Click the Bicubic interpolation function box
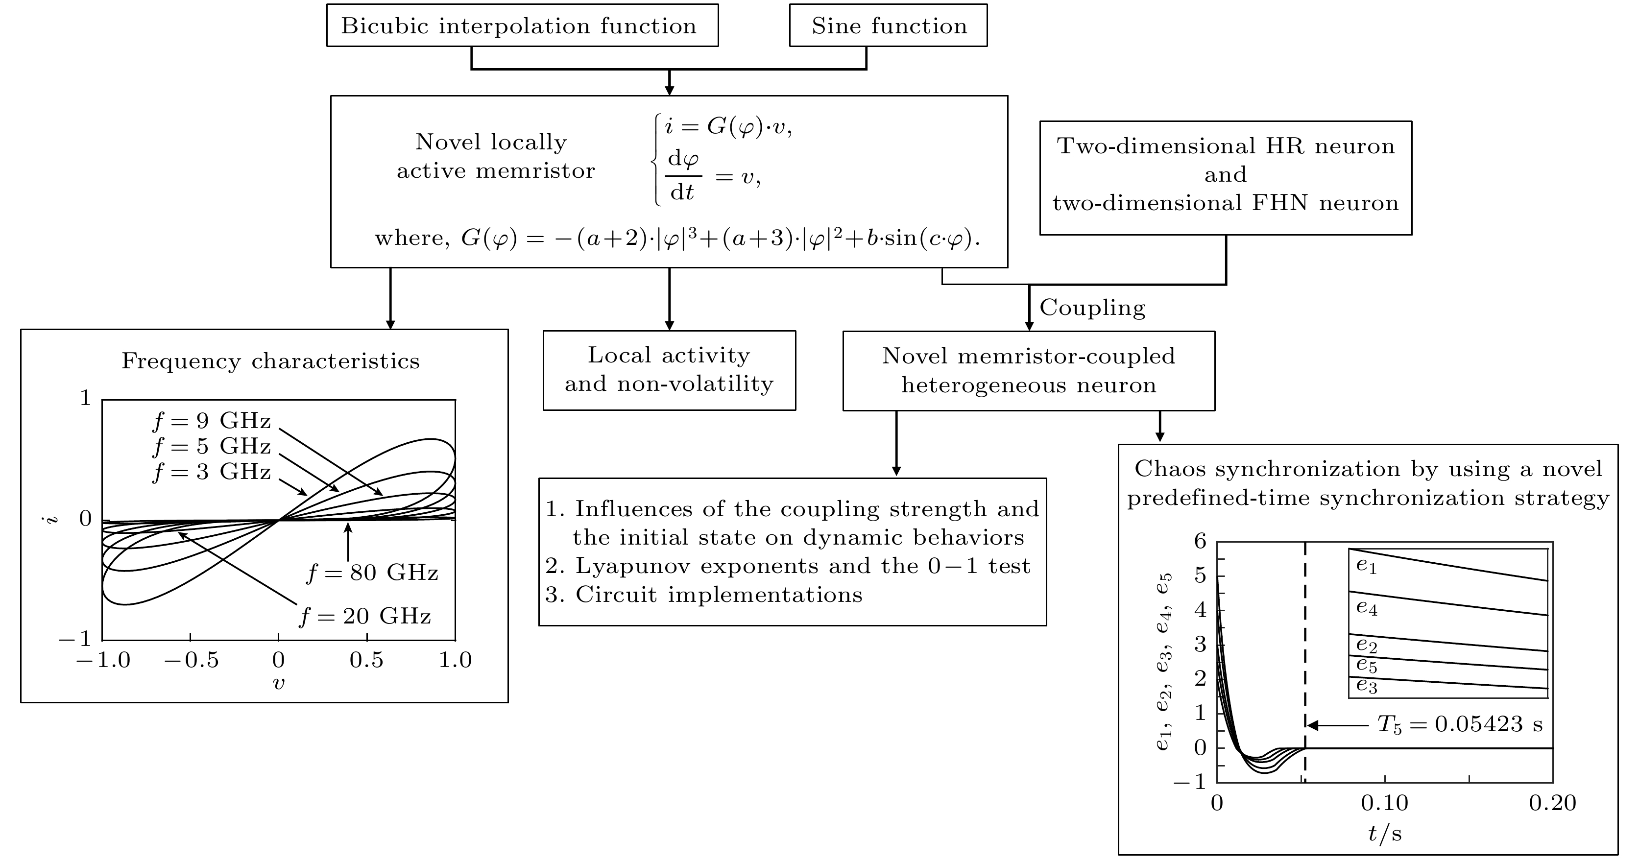click(522, 25)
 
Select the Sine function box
click(888, 25)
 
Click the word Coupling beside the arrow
click(1092, 308)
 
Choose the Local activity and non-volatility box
click(669, 370)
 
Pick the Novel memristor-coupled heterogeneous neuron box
click(1028, 370)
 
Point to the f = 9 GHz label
click(212, 421)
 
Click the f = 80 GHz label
click(373, 573)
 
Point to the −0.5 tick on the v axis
click(191, 660)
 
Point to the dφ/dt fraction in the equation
click(683, 174)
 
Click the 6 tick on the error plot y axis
click(1200, 541)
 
